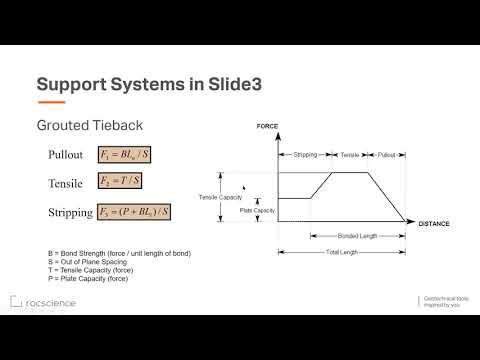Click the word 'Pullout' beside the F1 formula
point(67,155)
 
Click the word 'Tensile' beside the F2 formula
point(67,184)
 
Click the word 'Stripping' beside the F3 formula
point(71,212)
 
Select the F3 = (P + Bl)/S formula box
point(135,212)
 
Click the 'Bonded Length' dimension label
point(357,236)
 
